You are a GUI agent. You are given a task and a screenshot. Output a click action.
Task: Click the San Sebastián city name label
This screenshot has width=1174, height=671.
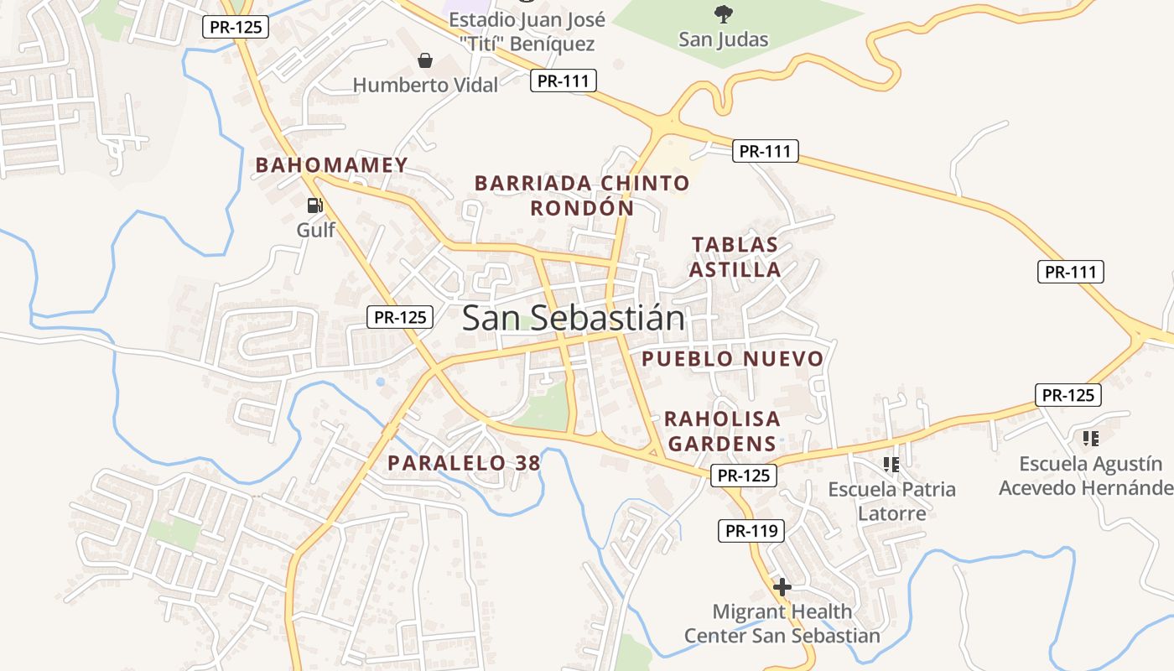[x=573, y=319]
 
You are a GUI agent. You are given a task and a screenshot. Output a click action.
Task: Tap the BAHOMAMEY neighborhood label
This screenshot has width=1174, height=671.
[x=331, y=165]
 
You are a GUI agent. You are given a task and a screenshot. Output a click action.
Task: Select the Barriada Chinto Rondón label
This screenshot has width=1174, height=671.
[x=582, y=195]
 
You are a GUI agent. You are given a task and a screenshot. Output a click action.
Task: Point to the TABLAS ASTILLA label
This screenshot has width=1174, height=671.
[x=735, y=257]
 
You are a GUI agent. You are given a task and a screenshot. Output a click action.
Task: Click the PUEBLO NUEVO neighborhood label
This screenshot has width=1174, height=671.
[x=733, y=359]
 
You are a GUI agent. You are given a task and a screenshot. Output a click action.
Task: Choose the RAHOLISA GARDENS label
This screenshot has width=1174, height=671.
[x=722, y=430]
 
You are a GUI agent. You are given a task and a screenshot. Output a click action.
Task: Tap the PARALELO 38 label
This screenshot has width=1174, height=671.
[x=464, y=462]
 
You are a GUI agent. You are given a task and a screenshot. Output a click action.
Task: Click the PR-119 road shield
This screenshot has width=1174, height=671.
[x=751, y=531]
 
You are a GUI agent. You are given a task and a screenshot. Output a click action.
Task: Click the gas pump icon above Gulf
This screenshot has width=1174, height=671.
[x=315, y=205]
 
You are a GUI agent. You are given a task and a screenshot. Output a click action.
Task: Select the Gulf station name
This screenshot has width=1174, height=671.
[x=315, y=230]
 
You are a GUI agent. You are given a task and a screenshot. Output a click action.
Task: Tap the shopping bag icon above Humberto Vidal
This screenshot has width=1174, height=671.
[x=425, y=61]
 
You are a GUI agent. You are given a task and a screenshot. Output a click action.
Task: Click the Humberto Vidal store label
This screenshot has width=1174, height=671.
[x=425, y=85]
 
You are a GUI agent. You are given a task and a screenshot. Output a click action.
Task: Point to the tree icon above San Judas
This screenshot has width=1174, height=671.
[x=723, y=13]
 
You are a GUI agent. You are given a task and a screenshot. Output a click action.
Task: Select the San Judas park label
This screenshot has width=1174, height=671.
[x=723, y=39]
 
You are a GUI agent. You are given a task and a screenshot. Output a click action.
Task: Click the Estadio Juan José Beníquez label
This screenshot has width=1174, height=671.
[x=527, y=32]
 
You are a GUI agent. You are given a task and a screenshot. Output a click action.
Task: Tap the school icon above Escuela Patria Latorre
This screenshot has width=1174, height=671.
[x=891, y=464]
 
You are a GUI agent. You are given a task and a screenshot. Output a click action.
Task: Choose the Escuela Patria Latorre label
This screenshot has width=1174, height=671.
[x=891, y=501]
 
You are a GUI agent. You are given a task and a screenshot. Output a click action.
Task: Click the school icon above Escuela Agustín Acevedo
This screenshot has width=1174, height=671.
[x=1091, y=438]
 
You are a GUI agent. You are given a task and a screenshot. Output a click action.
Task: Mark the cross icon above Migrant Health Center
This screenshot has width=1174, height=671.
[x=782, y=587]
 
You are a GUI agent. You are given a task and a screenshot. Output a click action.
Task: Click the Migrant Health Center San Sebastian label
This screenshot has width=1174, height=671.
[x=782, y=623]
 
